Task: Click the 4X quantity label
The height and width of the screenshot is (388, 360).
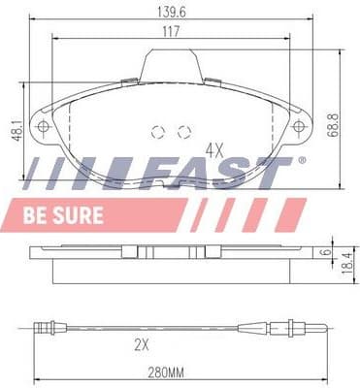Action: (216, 150)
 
